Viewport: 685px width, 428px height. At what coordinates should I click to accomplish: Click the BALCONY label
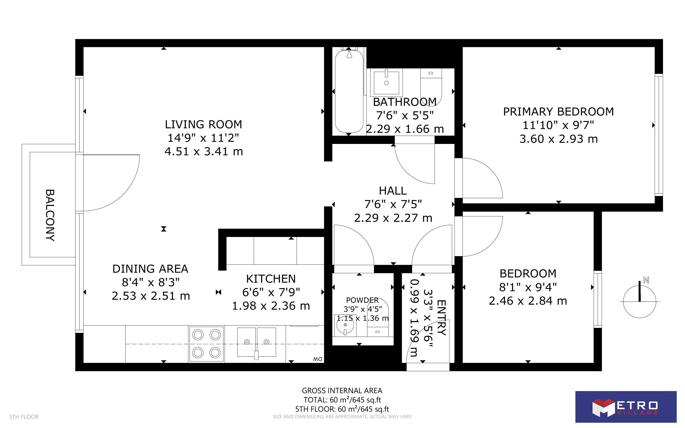(x=50, y=215)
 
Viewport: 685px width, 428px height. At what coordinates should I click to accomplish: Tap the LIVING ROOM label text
(x=203, y=125)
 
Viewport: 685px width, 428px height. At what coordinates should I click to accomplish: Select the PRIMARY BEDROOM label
(x=558, y=112)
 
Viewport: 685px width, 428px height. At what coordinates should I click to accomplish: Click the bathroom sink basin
(x=387, y=82)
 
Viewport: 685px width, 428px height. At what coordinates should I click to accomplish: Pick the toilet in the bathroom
(x=431, y=86)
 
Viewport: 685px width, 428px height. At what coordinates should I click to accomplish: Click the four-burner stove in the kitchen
(x=207, y=344)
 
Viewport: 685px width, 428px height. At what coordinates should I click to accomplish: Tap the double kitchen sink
(x=256, y=342)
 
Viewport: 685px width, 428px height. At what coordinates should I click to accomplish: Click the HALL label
(x=393, y=191)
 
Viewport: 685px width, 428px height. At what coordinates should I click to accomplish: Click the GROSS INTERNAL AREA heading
(x=342, y=391)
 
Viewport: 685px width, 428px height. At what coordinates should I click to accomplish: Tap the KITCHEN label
(x=271, y=279)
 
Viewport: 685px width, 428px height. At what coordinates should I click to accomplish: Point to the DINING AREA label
(x=150, y=269)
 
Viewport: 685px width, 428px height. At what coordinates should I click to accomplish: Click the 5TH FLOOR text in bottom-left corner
(x=24, y=417)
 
